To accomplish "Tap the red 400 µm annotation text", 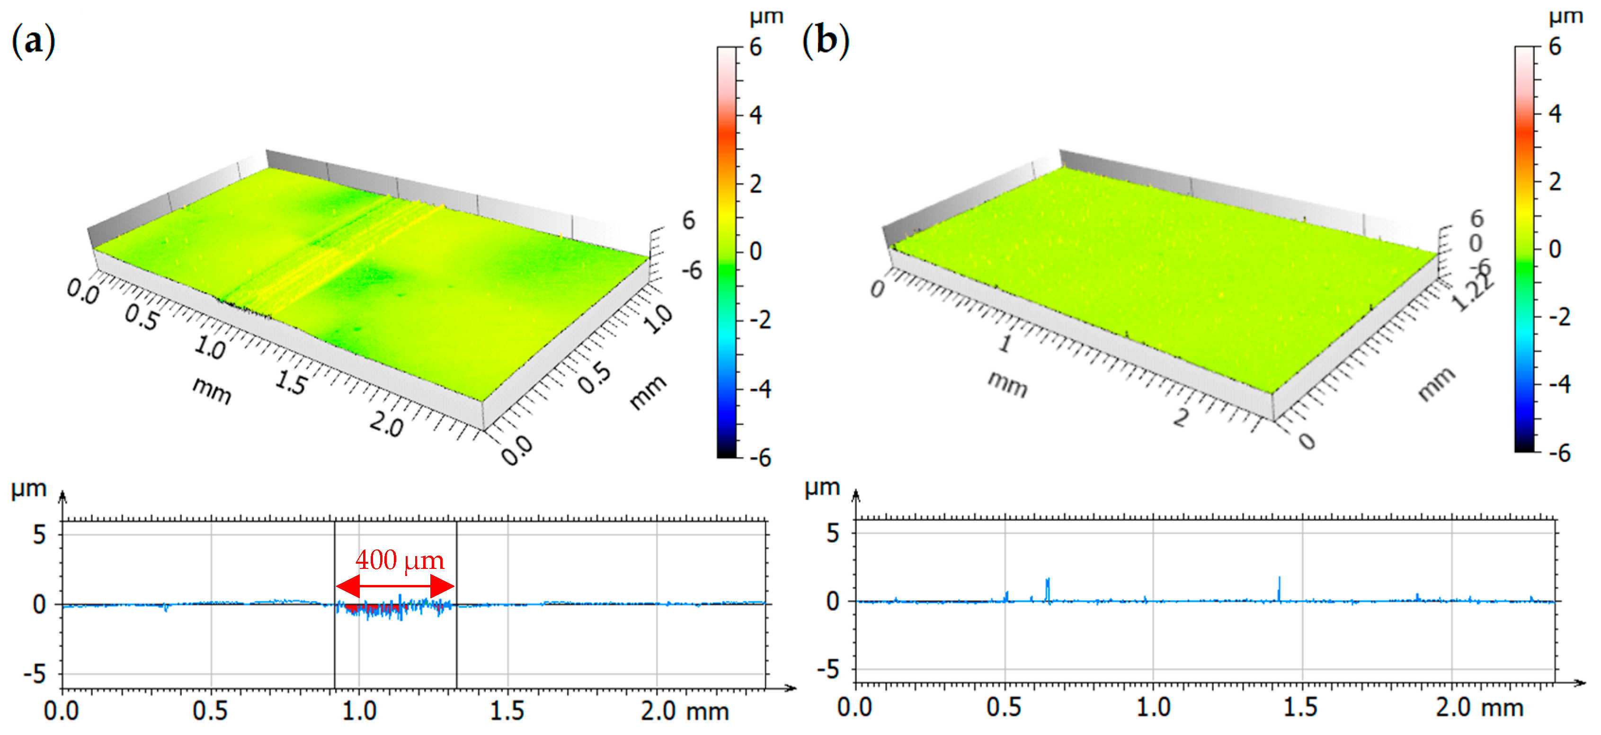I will point(400,560).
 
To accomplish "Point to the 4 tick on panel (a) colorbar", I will point(755,115).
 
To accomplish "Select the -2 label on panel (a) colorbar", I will point(759,320).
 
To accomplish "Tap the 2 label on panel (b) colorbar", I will point(1555,181).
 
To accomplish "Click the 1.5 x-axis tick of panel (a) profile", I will point(507,710).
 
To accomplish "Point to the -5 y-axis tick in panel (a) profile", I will point(35,674).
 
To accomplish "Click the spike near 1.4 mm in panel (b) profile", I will point(1279,588).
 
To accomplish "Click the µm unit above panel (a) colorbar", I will point(765,17).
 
